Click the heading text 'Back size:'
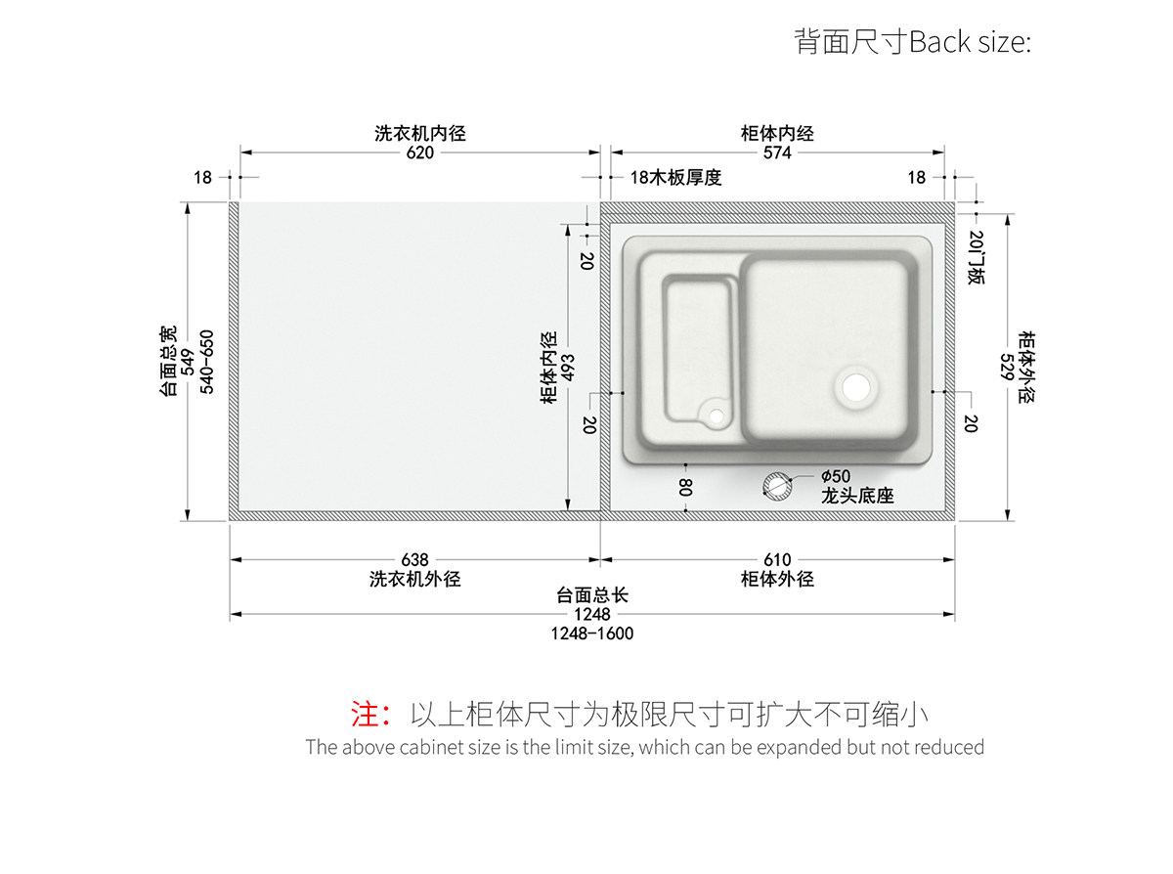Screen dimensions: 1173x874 click(x=970, y=43)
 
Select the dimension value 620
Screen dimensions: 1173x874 click(x=420, y=153)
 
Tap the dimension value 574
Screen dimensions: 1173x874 click(x=777, y=153)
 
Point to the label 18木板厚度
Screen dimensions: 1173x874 click(x=675, y=177)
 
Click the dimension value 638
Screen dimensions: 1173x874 click(x=414, y=560)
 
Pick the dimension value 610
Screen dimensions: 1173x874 click(x=777, y=560)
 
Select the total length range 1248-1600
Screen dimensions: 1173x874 click(x=592, y=634)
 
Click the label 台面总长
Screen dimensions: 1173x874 click(x=592, y=595)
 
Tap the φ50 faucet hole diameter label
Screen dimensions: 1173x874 click(x=836, y=478)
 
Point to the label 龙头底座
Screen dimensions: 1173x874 click(x=857, y=496)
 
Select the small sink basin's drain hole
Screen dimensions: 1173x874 click(x=717, y=416)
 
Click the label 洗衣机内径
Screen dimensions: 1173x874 click(x=420, y=133)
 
